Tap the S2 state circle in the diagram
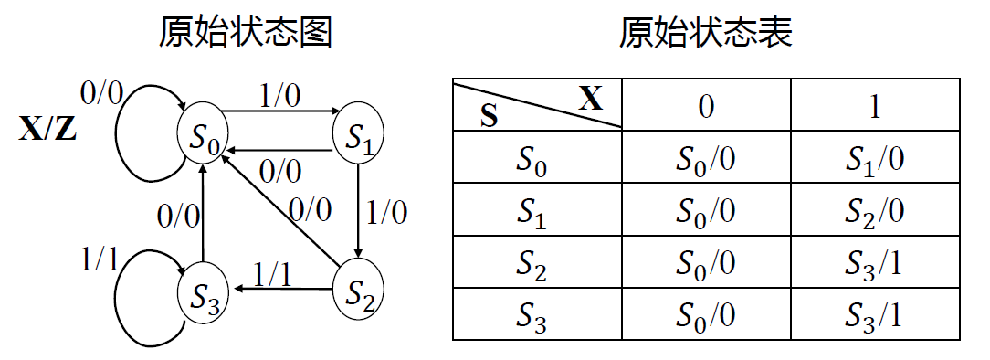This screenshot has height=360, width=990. pyautogui.click(x=358, y=292)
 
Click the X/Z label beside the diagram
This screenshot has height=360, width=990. pyautogui.click(x=47, y=131)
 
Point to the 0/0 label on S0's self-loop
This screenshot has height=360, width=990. pyautogui.click(x=101, y=91)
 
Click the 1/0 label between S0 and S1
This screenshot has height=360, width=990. pyautogui.click(x=280, y=95)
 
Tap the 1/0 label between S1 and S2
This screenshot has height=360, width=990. pyautogui.click(x=386, y=212)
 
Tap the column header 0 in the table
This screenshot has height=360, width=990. pyautogui.click(x=706, y=105)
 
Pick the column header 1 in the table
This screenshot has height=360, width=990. pyautogui.click(x=874, y=105)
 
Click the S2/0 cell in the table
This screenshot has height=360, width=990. pyautogui.click(x=874, y=211)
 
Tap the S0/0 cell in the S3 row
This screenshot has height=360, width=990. pyautogui.click(x=706, y=315)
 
